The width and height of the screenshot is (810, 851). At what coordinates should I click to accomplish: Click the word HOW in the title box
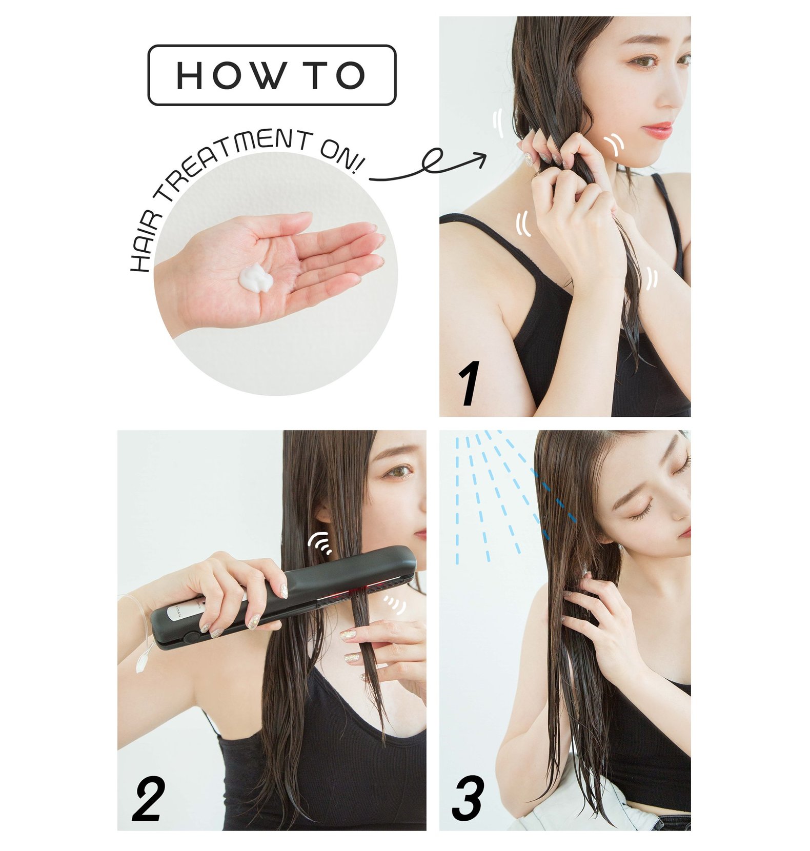(230, 75)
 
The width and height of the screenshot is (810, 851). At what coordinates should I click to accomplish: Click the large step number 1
(469, 383)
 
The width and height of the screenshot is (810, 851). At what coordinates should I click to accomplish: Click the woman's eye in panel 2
(398, 470)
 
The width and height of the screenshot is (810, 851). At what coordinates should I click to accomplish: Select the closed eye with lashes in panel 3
(641, 513)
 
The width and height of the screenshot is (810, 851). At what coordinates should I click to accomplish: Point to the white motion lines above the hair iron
(319, 543)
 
